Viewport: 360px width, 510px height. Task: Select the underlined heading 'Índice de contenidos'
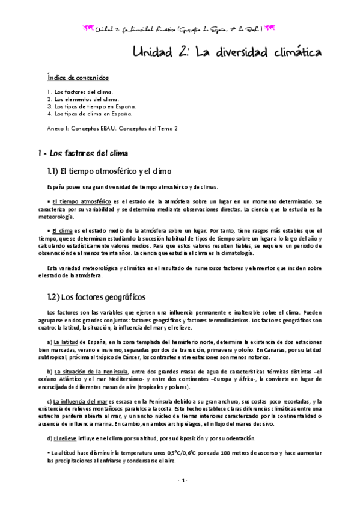click(78, 78)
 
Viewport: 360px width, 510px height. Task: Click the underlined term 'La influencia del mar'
click(81, 401)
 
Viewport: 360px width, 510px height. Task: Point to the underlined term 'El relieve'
click(66, 438)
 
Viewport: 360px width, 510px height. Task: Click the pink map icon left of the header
click(89, 28)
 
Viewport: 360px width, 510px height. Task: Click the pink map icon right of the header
click(270, 28)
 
